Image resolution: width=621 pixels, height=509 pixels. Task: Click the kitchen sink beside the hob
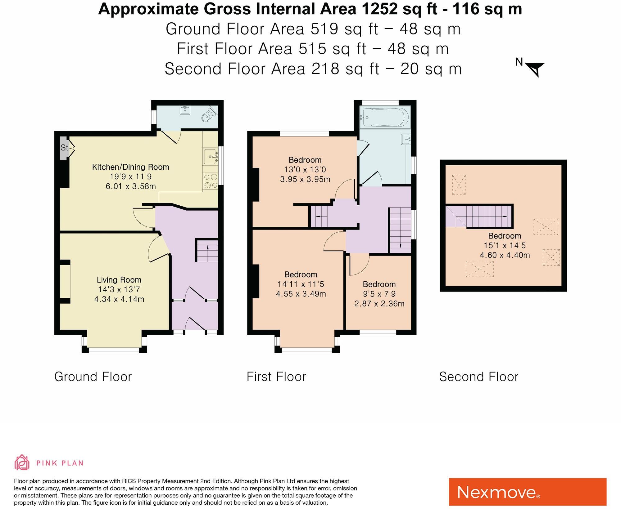(211, 156)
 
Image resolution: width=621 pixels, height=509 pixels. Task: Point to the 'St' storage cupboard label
(64, 148)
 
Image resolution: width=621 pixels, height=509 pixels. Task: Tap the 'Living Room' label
(119, 280)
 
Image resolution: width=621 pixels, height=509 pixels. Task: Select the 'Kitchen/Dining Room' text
(131, 167)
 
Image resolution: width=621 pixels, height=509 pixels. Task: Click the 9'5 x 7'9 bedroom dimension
(379, 294)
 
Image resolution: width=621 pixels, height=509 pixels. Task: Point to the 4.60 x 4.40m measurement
(505, 255)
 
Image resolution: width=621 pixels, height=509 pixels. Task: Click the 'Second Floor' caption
(478, 377)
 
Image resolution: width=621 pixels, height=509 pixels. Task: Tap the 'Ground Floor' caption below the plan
(93, 377)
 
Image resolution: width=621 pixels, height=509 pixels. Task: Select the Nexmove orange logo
(528, 492)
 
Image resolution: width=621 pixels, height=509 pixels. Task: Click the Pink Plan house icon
(22, 462)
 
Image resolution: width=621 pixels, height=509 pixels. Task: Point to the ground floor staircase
(207, 251)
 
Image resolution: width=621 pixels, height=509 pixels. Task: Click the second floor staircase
(479, 216)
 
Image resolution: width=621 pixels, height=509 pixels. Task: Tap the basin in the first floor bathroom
(406, 139)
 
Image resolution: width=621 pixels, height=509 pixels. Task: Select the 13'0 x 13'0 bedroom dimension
(305, 169)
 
